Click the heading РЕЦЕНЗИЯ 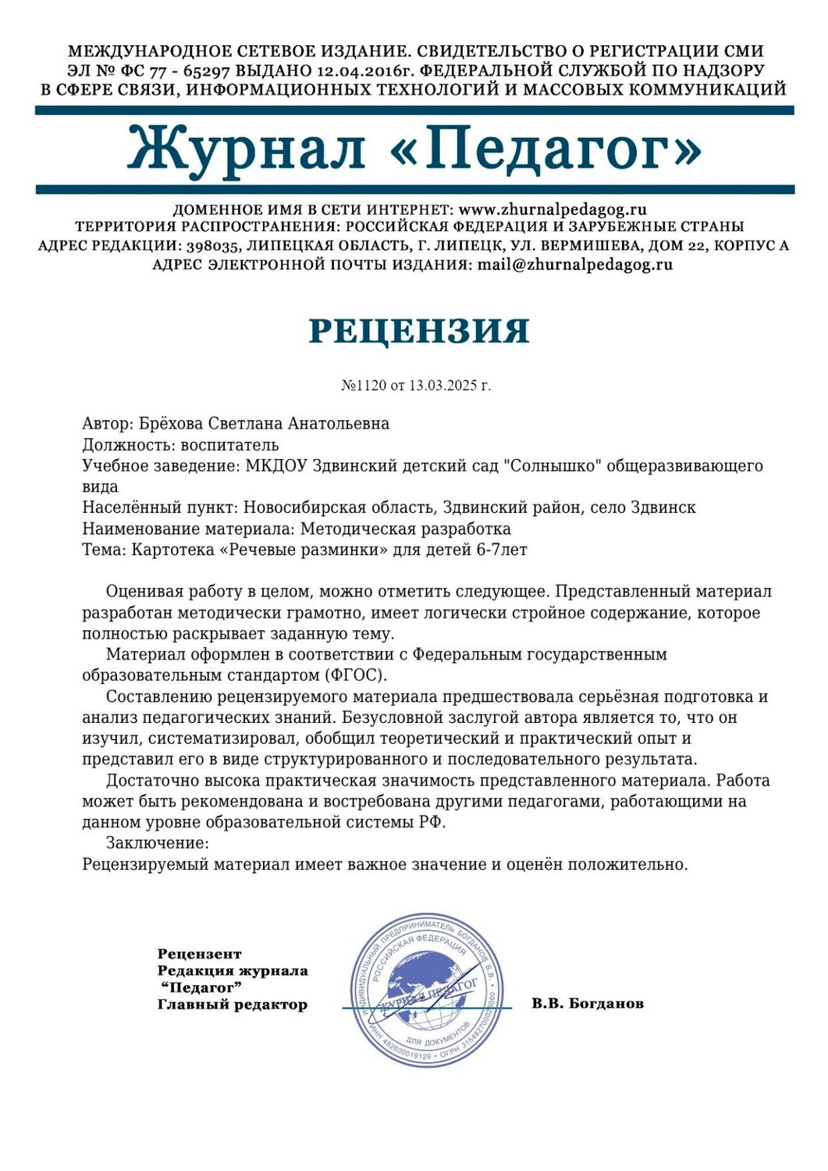tap(419, 331)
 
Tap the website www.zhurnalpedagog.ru tap(553, 209)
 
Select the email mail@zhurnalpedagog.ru tap(574, 264)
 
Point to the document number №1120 tap(364, 386)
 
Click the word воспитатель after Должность tap(229, 445)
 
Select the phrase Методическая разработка tap(406, 529)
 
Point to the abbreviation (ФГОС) tap(354, 674)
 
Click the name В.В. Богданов tap(588, 1003)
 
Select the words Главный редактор tap(232, 1005)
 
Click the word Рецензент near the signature tap(200, 954)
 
